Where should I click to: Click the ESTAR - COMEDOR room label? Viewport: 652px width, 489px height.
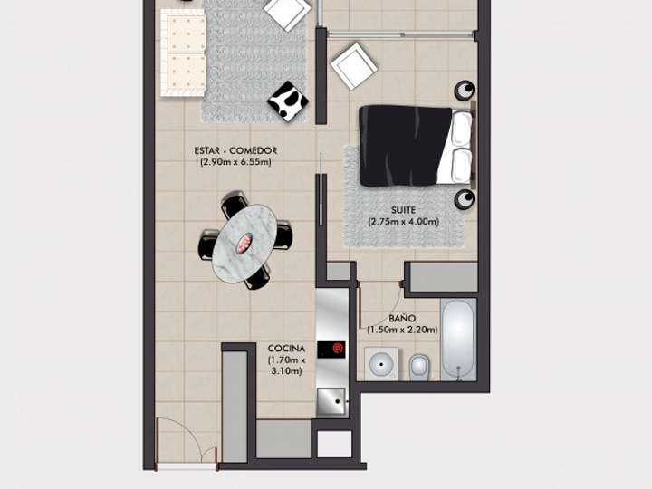(x=235, y=150)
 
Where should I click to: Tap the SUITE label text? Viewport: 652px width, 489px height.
(x=403, y=209)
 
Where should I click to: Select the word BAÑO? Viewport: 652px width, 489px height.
(x=402, y=319)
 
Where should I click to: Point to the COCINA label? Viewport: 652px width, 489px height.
(x=286, y=348)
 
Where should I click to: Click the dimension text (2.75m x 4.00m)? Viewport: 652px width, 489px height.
(x=403, y=222)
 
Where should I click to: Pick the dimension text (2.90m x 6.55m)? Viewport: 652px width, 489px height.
(x=235, y=163)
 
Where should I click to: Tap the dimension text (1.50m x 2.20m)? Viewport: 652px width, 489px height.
(x=402, y=331)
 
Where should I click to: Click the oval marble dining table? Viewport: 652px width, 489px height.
(x=243, y=242)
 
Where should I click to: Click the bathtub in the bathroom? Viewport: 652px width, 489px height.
(x=460, y=340)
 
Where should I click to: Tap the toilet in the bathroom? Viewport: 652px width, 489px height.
(x=419, y=367)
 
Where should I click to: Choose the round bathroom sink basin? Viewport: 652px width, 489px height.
(x=379, y=367)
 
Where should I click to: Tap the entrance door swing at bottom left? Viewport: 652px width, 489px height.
(x=186, y=444)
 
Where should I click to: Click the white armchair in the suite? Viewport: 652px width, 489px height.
(x=353, y=66)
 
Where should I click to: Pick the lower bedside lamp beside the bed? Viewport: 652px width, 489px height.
(x=465, y=198)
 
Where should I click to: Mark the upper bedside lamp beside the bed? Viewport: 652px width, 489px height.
(x=465, y=90)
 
